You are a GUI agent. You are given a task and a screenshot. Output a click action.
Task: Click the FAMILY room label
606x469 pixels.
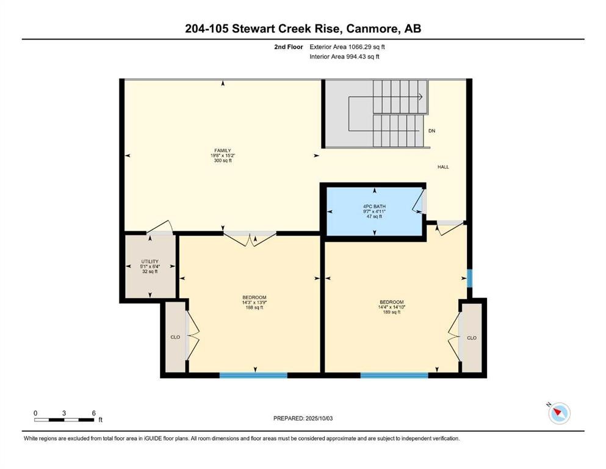[x=222, y=150]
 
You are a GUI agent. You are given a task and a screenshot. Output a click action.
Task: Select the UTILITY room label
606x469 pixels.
[x=150, y=261]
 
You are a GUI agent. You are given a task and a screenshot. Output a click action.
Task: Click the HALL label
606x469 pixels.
[x=442, y=167]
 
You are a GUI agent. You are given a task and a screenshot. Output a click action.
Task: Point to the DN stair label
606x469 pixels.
[x=431, y=131]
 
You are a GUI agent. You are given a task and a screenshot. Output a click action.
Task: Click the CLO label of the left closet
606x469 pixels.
[x=174, y=336]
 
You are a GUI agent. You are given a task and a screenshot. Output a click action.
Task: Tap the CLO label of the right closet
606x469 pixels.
[x=471, y=338]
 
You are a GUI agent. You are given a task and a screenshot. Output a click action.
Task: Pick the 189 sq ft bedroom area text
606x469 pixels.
[x=391, y=312]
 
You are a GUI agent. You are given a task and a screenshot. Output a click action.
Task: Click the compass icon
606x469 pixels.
[x=558, y=413]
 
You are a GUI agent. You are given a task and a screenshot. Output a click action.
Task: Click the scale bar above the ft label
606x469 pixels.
[x=64, y=420]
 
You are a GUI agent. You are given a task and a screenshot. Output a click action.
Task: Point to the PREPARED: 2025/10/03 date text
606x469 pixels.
[x=303, y=418]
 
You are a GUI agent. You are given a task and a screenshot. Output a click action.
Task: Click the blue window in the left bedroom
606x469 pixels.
[x=253, y=375]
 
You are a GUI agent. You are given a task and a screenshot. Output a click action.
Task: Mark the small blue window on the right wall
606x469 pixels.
[x=469, y=278]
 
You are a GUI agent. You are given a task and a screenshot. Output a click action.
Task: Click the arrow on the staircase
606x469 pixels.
[x=420, y=96]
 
